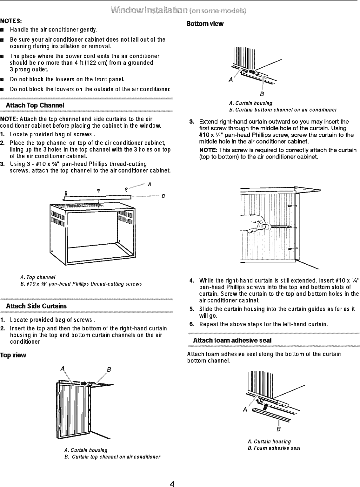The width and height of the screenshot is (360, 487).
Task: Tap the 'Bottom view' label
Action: click(x=205, y=24)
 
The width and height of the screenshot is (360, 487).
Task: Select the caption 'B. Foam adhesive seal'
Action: click(x=274, y=448)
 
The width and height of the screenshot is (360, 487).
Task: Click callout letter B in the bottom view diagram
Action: click(x=262, y=94)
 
